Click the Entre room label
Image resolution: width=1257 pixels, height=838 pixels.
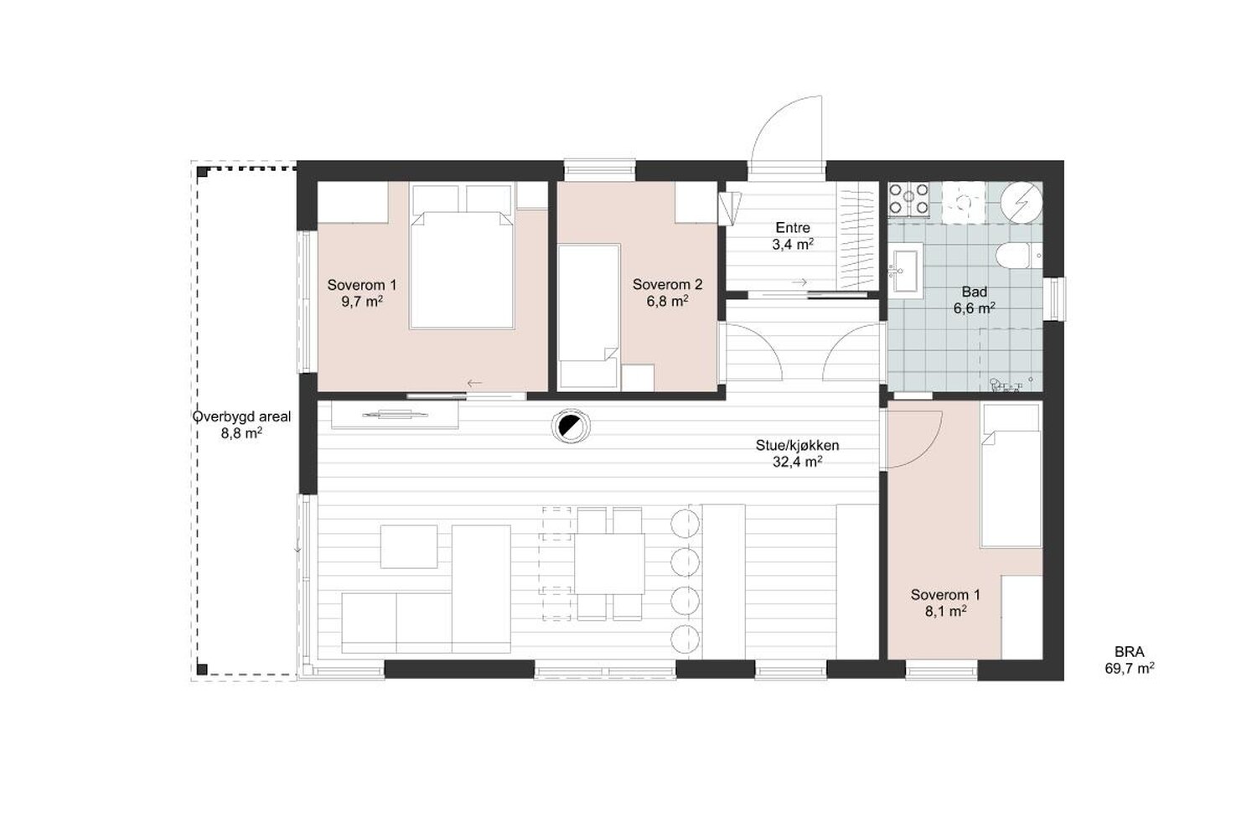click(x=793, y=228)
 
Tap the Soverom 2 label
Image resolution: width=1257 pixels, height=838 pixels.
click(x=667, y=285)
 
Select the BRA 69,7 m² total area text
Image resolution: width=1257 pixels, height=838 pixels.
click(x=1130, y=660)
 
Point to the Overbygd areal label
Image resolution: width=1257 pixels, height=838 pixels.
click(x=242, y=417)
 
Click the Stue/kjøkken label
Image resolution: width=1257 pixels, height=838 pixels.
click(x=797, y=446)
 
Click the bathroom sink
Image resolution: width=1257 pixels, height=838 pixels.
click(x=905, y=272)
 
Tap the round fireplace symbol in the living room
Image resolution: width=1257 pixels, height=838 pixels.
click(x=571, y=427)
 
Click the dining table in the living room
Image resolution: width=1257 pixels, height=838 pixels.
click(x=609, y=563)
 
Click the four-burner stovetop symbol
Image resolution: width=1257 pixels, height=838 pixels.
click(x=908, y=200)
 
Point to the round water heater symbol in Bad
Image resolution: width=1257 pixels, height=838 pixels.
click(x=1022, y=201)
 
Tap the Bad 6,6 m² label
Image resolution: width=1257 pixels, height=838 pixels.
click(x=974, y=300)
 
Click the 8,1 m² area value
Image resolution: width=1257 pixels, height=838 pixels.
click(x=945, y=611)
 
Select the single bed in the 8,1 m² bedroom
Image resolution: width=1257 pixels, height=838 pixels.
click(x=1011, y=475)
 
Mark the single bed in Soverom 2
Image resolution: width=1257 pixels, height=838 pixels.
click(x=589, y=316)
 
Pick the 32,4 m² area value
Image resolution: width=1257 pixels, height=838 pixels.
click(x=798, y=462)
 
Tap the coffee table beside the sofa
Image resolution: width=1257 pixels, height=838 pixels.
click(x=409, y=546)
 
